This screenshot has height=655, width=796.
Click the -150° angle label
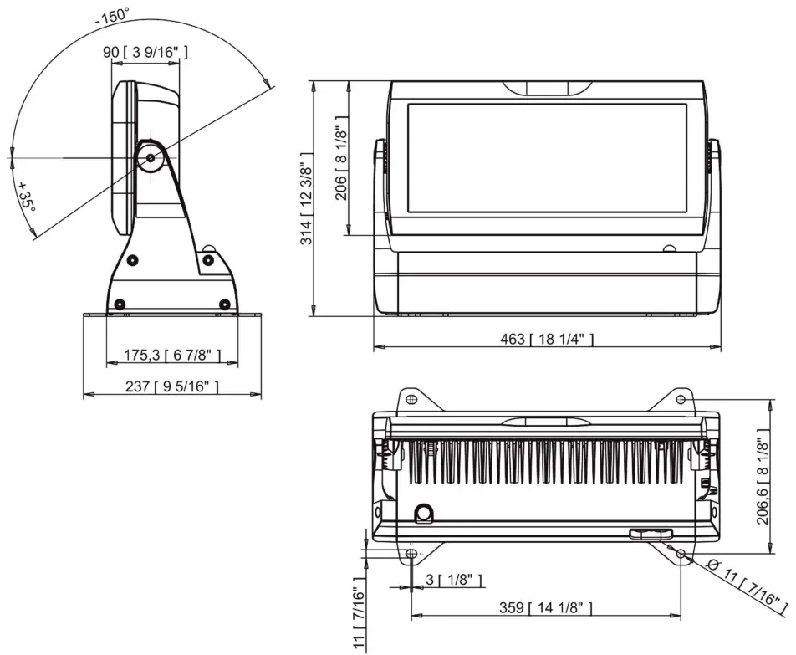[x=112, y=15]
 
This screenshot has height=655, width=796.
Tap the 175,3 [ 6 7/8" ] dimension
[x=172, y=356]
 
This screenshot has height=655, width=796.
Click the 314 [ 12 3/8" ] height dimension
[x=307, y=198]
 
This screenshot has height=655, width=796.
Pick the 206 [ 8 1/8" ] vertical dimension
[x=339, y=159]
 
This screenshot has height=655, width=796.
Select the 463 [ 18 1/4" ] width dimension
[x=547, y=338]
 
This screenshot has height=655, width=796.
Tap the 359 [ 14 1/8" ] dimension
[x=547, y=607]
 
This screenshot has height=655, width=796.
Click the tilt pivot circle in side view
[x=151, y=157]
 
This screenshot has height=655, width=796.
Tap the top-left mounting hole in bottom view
[x=411, y=400]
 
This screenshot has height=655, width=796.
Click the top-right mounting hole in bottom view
[x=681, y=400]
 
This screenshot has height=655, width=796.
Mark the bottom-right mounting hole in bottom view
[x=681, y=554]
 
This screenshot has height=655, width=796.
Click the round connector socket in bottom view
[x=425, y=511]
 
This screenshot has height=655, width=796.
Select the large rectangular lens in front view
[x=547, y=158]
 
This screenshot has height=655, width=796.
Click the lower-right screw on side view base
[x=223, y=303]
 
